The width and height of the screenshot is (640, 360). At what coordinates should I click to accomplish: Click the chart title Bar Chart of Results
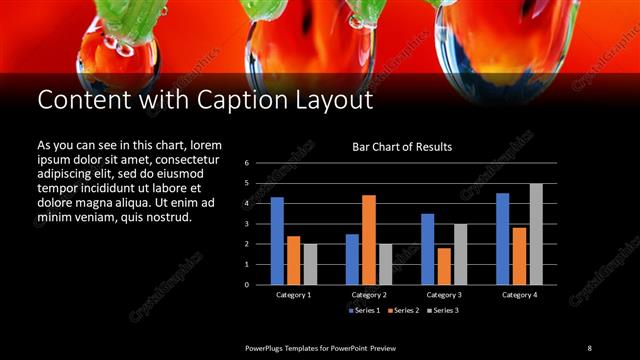coord(402,147)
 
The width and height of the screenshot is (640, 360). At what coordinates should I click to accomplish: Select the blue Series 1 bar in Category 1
coord(277,241)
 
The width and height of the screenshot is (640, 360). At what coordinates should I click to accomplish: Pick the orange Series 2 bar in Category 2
coord(369,240)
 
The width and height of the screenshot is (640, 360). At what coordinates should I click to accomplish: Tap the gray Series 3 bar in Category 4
coord(536,234)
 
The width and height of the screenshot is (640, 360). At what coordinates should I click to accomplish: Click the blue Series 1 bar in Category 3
coord(428,249)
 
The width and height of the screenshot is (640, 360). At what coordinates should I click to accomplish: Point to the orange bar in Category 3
coord(444,266)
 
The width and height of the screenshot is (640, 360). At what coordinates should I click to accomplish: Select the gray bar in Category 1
coord(310,264)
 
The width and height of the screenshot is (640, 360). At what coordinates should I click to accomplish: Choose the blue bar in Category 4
coord(503,239)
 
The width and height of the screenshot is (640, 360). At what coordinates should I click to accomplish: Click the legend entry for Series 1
coord(362,310)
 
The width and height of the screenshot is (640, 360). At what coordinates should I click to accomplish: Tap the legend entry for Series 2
coord(402,310)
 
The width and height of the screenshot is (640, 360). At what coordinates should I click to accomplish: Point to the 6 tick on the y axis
coord(246,162)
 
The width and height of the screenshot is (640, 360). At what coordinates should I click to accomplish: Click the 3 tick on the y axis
coord(246,224)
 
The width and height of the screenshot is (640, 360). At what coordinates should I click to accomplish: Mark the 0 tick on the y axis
coord(246,285)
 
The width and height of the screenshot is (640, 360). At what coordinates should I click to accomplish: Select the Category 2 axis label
coord(369,295)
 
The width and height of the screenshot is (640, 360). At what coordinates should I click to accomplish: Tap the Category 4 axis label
coord(519,295)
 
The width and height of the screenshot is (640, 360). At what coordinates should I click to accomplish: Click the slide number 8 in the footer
coord(589,347)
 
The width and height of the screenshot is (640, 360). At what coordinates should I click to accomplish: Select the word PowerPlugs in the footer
coord(269,347)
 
